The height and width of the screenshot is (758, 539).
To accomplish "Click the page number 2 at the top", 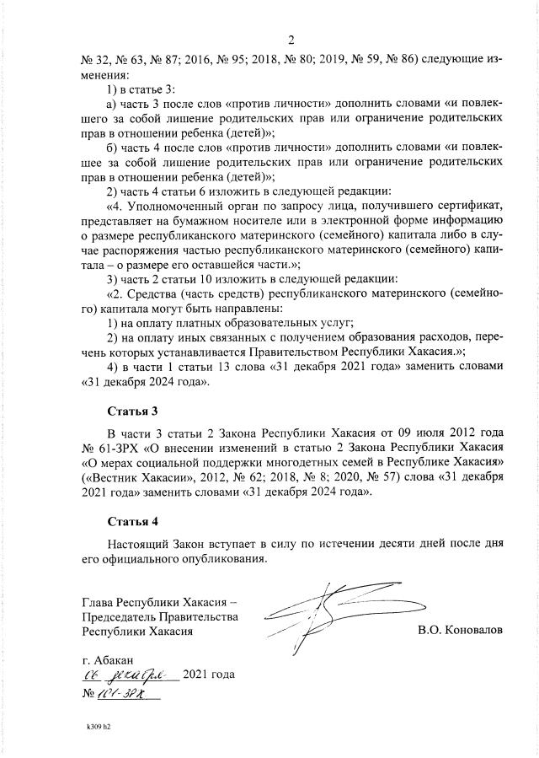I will (291, 40).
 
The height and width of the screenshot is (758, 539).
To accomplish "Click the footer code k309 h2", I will (99, 724).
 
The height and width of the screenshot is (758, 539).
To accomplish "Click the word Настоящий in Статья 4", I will (141, 542).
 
